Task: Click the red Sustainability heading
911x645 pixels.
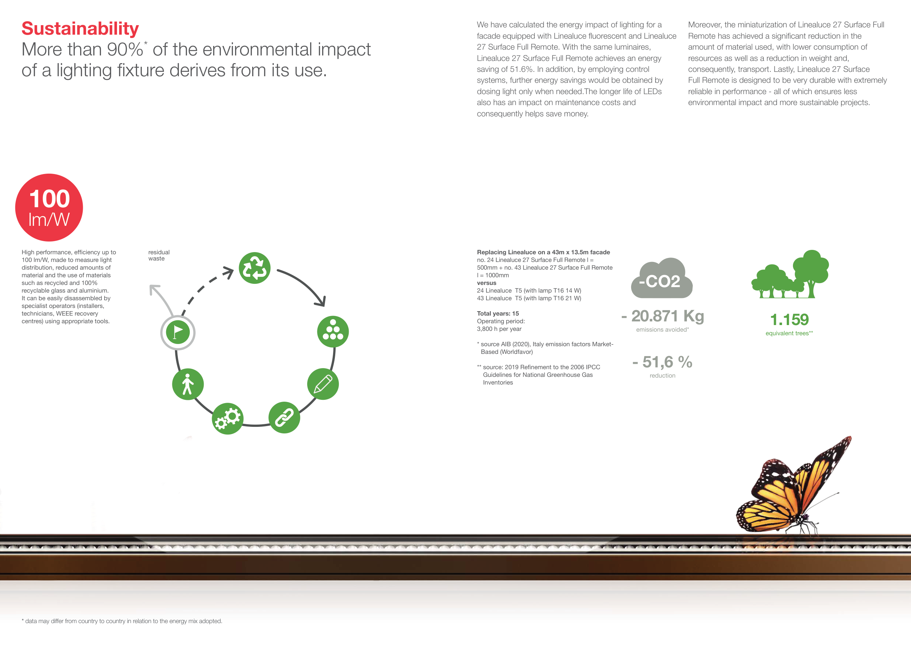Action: point(80,29)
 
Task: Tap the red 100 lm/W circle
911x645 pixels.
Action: point(49,207)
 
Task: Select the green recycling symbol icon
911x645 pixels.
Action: point(255,268)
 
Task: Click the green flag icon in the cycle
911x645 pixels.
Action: point(178,332)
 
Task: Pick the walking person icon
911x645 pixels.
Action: point(188,384)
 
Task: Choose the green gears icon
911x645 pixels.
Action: point(227,418)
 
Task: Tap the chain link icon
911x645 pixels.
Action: point(284,417)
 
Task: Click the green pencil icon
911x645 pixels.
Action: point(323,384)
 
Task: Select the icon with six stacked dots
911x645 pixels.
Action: point(333,331)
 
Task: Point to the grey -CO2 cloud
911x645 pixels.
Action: point(662,278)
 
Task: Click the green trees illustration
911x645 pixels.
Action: point(790,274)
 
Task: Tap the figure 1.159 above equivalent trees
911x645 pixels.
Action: point(789,319)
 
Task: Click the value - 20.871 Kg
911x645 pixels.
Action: point(662,316)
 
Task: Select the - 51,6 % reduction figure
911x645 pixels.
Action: point(662,362)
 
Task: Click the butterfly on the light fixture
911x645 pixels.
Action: point(794,487)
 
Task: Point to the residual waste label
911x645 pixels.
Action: point(159,255)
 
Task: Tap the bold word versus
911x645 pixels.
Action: point(486,283)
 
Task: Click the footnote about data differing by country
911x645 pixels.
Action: point(122,621)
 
